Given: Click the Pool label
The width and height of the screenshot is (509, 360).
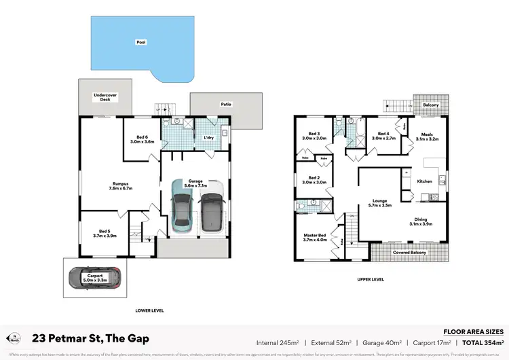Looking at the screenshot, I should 141,42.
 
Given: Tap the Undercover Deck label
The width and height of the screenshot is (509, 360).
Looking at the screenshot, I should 106,98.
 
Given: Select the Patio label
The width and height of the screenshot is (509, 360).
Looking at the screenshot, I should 225,104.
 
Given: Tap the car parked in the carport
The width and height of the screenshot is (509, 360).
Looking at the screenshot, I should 94,276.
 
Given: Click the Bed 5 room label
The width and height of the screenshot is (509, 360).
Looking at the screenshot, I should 105,234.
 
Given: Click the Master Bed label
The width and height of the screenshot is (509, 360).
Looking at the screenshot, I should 315,237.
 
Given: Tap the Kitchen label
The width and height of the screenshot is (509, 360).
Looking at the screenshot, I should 424,181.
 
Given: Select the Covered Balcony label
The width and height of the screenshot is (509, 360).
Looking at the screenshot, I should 409,253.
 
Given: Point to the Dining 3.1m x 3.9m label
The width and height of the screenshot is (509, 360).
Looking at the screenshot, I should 421,221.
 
